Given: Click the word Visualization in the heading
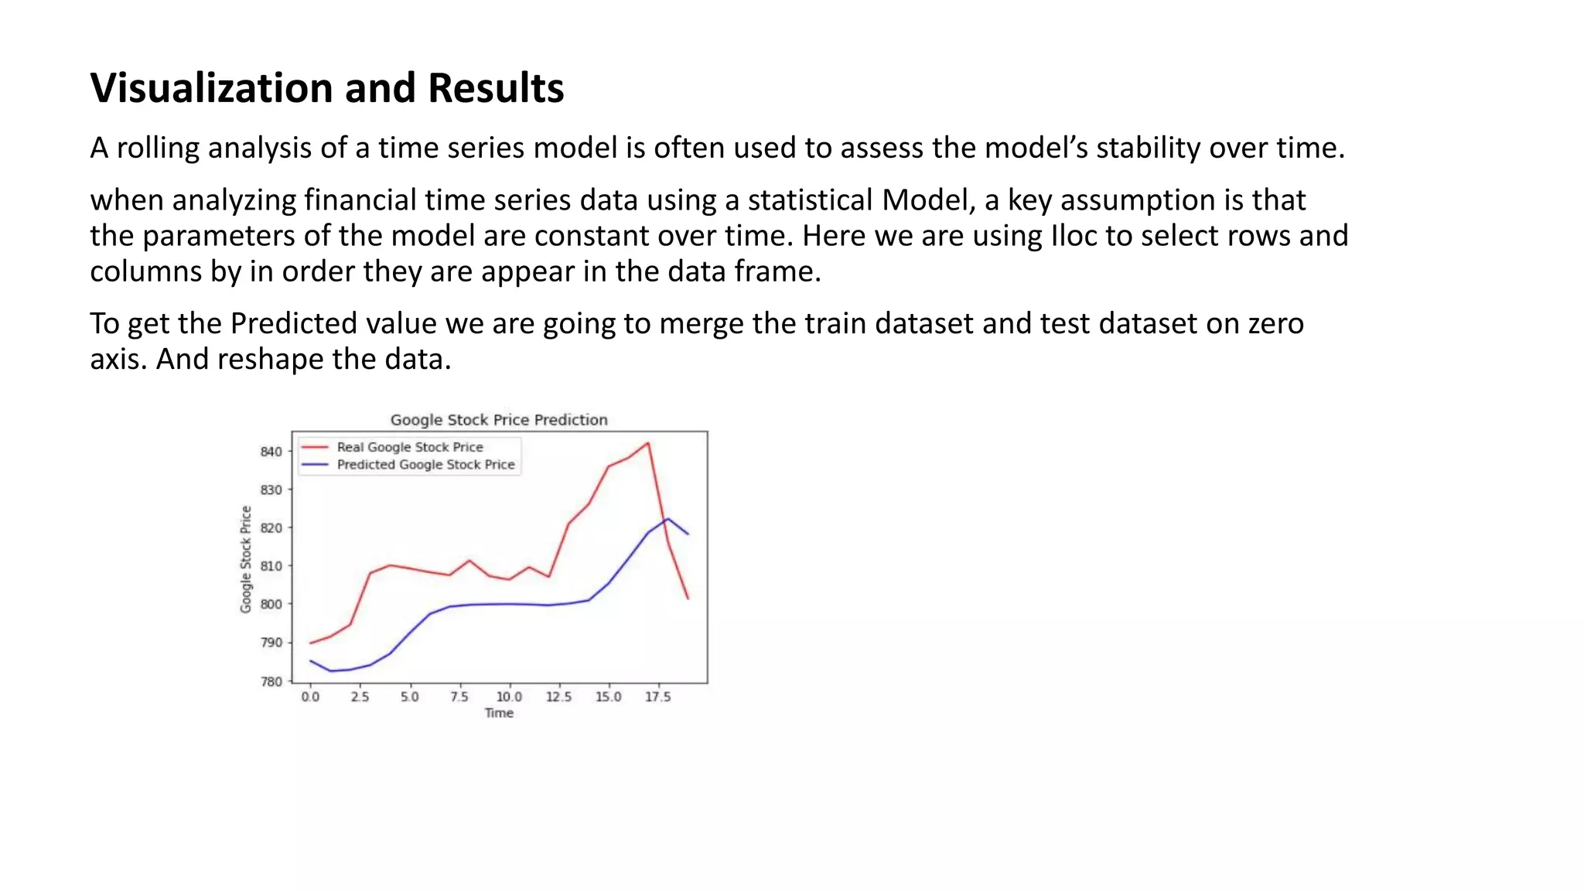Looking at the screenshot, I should [x=213, y=87].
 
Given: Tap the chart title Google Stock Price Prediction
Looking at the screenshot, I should [x=499, y=420].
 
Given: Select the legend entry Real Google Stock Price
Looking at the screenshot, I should [x=409, y=447].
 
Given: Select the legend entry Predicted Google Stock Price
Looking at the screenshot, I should [x=425, y=465].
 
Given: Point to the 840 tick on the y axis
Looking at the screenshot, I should [x=271, y=452].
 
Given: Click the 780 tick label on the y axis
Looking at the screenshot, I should [x=271, y=681].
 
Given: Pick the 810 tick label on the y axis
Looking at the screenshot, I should [x=271, y=566].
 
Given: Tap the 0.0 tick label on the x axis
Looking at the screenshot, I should [x=310, y=697].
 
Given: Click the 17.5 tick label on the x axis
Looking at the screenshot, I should [x=657, y=697].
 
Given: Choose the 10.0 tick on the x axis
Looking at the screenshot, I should [x=509, y=697].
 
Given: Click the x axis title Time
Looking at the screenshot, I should [x=499, y=713].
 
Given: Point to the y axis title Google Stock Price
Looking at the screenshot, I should [x=246, y=559].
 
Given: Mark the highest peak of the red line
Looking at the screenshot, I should [x=648, y=443].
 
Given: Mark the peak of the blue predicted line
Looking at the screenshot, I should [x=667, y=519].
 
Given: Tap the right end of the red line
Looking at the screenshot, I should [x=688, y=598].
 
